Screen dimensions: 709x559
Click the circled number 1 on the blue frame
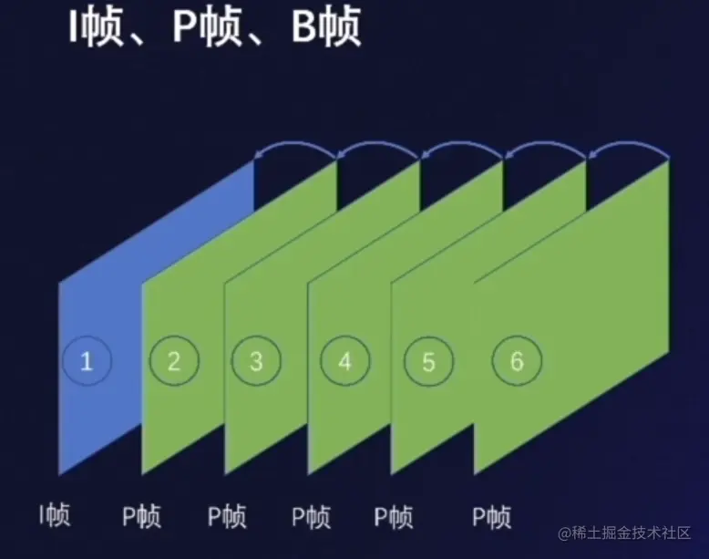(x=87, y=361)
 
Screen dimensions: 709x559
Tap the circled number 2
(x=173, y=361)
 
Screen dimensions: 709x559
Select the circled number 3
(x=256, y=361)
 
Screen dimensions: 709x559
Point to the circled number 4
(x=344, y=361)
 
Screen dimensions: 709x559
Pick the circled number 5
(x=428, y=361)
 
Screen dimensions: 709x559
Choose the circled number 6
(x=517, y=361)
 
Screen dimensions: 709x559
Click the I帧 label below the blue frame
(x=55, y=515)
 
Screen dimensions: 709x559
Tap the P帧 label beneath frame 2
(x=141, y=517)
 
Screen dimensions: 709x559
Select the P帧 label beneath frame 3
(x=226, y=517)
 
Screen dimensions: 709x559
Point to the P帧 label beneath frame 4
(x=311, y=517)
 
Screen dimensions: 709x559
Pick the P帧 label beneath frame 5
(x=394, y=517)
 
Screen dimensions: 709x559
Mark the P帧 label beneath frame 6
(x=491, y=517)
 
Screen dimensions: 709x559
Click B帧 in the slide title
(x=325, y=27)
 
